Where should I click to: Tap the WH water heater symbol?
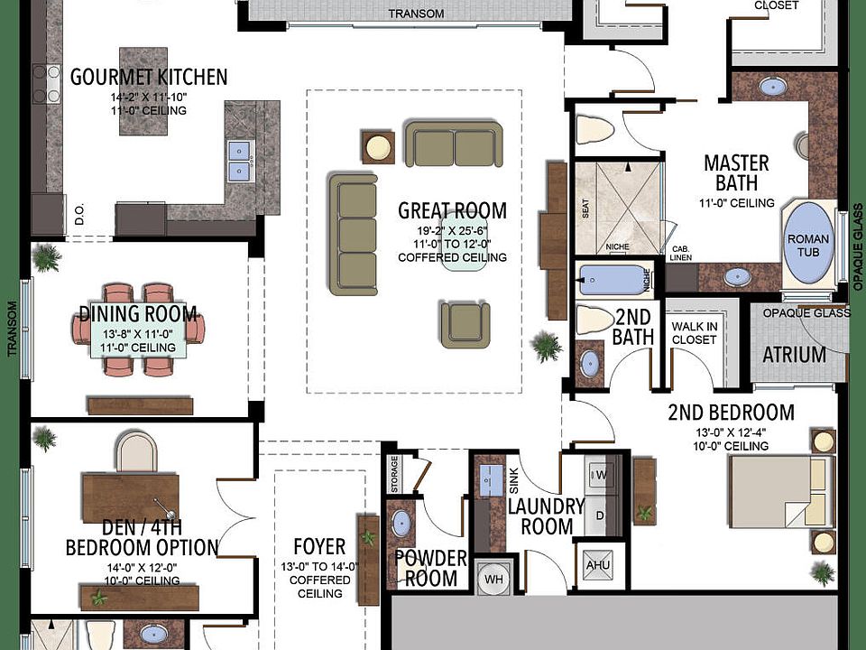493,579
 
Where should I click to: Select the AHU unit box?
597,565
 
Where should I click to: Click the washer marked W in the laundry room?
603,474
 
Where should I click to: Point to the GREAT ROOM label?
452,210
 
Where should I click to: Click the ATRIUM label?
794,355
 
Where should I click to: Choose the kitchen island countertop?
143,91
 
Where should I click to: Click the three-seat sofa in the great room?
354,235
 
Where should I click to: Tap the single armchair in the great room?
465,324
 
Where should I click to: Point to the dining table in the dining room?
138,330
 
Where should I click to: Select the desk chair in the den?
136,452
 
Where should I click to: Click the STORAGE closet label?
394,474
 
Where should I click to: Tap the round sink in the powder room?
401,523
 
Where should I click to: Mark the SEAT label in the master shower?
585,209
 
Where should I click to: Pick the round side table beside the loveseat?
378,147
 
